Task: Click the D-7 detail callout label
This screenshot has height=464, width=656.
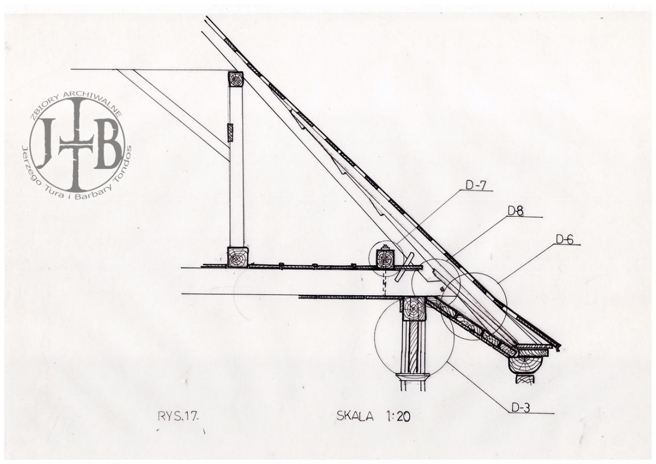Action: (476, 185)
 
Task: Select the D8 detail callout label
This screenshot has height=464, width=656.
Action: (516, 211)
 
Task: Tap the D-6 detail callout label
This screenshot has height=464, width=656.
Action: (564, 239)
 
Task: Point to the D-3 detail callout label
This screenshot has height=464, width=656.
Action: (520, 408)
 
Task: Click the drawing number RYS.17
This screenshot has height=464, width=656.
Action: (176, 416)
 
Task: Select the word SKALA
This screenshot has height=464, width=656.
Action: (355, 416)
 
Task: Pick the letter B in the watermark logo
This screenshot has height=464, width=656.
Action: (107, 143)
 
